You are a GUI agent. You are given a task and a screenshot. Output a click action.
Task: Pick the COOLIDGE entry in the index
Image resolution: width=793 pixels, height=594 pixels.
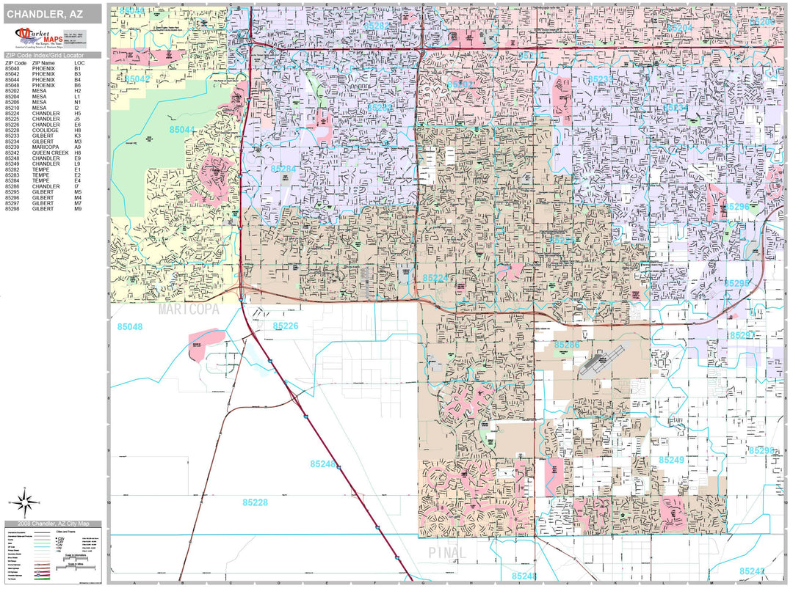(x=44, y=131)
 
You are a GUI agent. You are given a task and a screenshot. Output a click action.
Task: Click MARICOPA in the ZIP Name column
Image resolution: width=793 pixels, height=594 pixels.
(x=45, y=147)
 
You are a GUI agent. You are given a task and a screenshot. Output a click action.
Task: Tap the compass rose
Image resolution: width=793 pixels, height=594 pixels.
(x=24, y=502)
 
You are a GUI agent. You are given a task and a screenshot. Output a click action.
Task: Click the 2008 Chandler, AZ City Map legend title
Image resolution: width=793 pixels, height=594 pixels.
(x=48, y=524)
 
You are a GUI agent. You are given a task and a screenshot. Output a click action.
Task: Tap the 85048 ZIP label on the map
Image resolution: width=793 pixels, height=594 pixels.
(x=129, y=326)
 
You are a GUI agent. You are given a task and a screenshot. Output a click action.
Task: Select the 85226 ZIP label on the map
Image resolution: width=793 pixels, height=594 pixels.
(x=286, y=326)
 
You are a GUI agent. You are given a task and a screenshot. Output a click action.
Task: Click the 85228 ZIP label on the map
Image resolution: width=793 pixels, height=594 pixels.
(x=255, y=502)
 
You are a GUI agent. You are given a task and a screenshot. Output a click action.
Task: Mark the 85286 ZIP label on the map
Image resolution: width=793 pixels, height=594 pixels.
(x=567, y=344)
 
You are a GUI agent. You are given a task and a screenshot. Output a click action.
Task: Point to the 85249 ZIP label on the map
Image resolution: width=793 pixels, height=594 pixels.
(x=671, y=460)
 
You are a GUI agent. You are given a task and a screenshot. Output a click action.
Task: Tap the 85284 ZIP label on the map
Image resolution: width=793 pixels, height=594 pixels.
(x=283, y=169)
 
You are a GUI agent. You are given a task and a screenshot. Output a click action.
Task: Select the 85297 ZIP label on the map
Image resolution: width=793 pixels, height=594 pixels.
(x=742, y=335)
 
